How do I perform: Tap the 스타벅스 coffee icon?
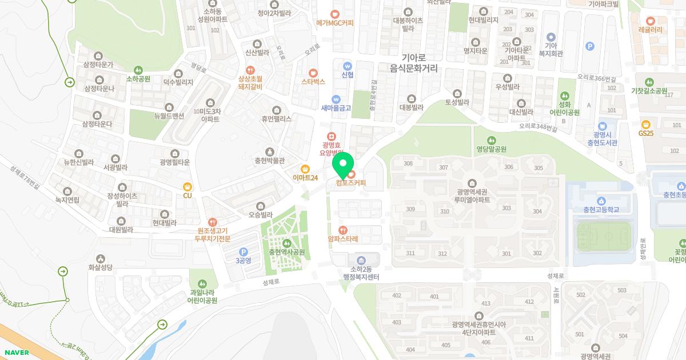pyautogui.click(x=313, y=73)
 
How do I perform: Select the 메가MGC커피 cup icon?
pyautogui.click(x=334, y=14)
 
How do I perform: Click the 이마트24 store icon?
pyautogui.click(x=305, y=169)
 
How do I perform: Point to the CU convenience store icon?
pyautogui.click(x=187, y=186)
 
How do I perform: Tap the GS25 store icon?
pyautogui.click(x=646, y=124)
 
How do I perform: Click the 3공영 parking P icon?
pyautogui.click(x=243, y=251)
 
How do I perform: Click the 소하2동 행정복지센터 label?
pyautogui.click(x=361, y=273)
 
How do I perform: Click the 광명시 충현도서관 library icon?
pyautogui.click(x=602, y=126)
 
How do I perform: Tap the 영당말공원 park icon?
pyautogui.click(x=492, y=140)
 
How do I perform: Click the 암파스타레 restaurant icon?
pyautogui.click(x=343, y=230)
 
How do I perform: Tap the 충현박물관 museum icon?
pyautogui.click(x=269, y=151)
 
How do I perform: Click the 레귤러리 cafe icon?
pyautogui.click(x=650, y=19)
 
